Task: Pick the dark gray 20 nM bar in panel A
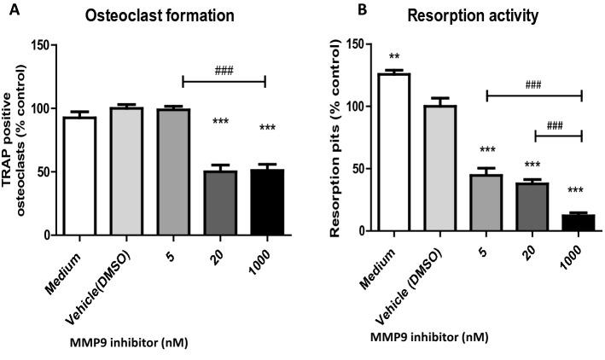pos(220,200)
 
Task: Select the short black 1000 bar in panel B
pos(581,222)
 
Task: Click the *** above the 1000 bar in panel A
pos(267,129)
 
